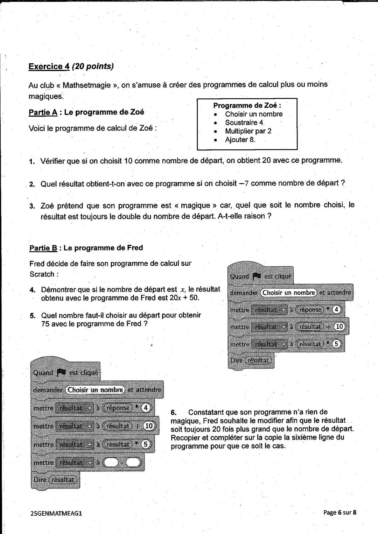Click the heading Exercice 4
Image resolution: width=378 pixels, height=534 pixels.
click(x=49, y=66)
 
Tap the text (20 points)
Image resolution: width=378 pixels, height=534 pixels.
click(x=93, y=66)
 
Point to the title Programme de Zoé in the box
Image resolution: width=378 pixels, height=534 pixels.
click(x=247, y=105)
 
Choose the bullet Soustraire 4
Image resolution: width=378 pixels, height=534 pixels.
click(x=244, y=122)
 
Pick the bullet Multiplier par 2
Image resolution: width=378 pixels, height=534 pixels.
click(x=248, y=131)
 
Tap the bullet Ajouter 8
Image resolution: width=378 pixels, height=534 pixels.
click(x=240, y=140)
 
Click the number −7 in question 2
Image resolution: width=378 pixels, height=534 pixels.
click(x=243, y=183)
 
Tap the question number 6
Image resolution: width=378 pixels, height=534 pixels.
click(x=173, y=412)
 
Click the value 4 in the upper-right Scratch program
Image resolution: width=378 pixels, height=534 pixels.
click(x=336, y=310)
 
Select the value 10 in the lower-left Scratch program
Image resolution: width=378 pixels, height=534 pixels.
click(x=149, y=426)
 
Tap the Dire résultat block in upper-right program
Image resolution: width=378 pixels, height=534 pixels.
click(x=251, y=360)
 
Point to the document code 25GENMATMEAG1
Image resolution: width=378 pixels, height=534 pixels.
click(x=56, y=513)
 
